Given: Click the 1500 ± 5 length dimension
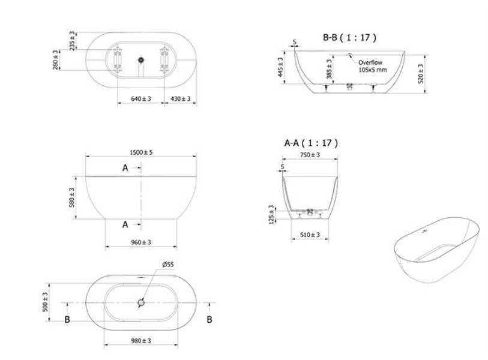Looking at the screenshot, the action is pyautogui.click(x=141, y=152).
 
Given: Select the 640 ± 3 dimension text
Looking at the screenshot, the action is pyautogui.click(x=141, y=98).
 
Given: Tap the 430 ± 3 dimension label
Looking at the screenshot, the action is pyautogui.click(x=180, y=98).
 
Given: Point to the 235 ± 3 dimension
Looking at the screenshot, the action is pyautogui.click(x=72, y=41).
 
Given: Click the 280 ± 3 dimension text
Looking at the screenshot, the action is pyautogui.click(x=55, y=60).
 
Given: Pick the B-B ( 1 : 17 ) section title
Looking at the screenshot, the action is pyautogui.click(x=349, y=38).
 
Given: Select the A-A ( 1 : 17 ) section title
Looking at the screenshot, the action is pyautogui.click(x=311, y=143).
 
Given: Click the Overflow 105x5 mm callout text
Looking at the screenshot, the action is pyautogui.click(x=372, y=66).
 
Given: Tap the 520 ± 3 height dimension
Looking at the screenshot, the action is pyautogui.click(x=420, y=74).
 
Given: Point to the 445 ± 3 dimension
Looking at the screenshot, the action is pyautogui.click(x=280, y=67).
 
